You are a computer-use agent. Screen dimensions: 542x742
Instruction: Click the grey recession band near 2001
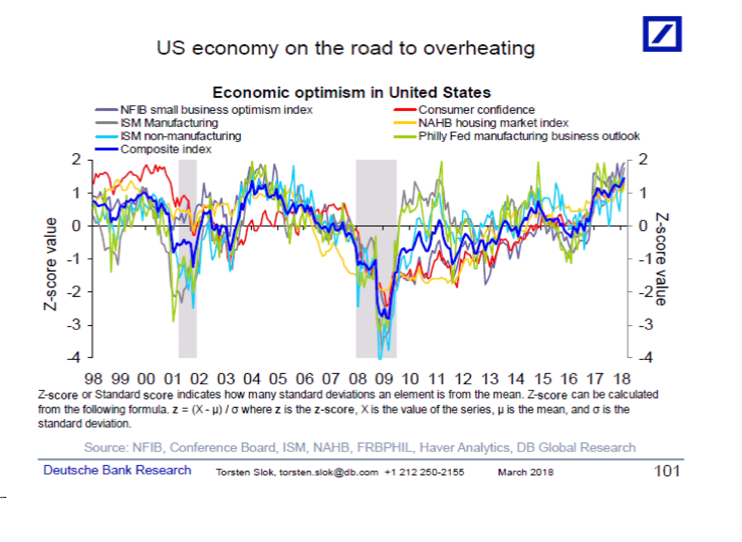point(187,259)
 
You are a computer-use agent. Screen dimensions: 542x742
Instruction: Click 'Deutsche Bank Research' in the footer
point(117,470)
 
